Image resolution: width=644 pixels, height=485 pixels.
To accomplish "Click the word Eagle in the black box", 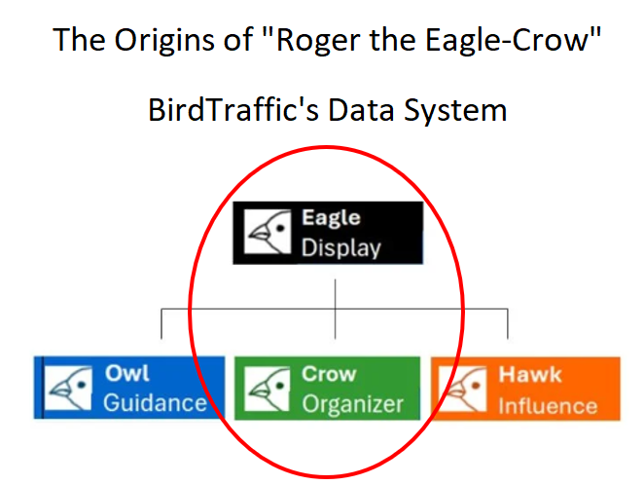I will click(330, 218).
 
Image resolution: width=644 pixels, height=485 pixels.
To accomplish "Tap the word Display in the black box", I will click(340, 247).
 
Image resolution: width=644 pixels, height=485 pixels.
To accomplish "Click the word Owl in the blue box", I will click(126, 374).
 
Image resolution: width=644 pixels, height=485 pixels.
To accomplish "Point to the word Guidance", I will click(155, 403).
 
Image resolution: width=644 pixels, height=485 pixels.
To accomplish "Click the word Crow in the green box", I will click(329, 374).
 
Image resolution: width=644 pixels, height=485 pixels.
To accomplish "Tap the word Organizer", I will click(352, 403).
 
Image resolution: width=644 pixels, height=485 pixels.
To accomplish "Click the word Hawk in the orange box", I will click(530, 374).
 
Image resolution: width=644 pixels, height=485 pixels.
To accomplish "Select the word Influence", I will click(547, 403).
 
